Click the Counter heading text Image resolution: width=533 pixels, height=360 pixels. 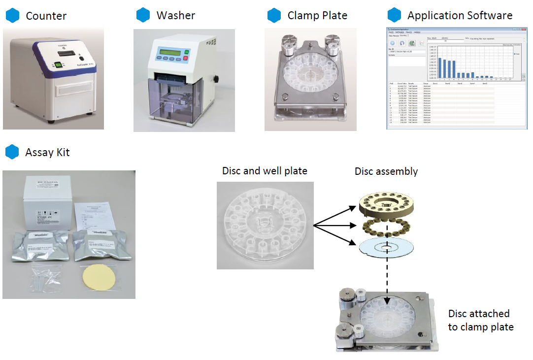tap(46, 16)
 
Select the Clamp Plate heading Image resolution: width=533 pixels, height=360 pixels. tap(317, 16)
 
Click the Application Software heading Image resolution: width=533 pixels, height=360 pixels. tap(460, 16)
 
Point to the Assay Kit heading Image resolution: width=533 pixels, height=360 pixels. tap(47, 152)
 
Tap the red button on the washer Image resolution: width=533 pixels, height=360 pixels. tap(186, 59)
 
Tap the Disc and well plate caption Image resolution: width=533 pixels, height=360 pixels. tap(265, 171)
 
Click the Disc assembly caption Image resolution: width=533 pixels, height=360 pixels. tap(386, 171)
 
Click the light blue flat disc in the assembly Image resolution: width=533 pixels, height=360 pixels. tap(386, 248)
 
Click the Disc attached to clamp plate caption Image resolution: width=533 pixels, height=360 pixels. tap(480, 320)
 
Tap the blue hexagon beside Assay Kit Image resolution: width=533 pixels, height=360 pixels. tap(12, 152)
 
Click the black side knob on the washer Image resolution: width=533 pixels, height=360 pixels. tap(216, 79)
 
